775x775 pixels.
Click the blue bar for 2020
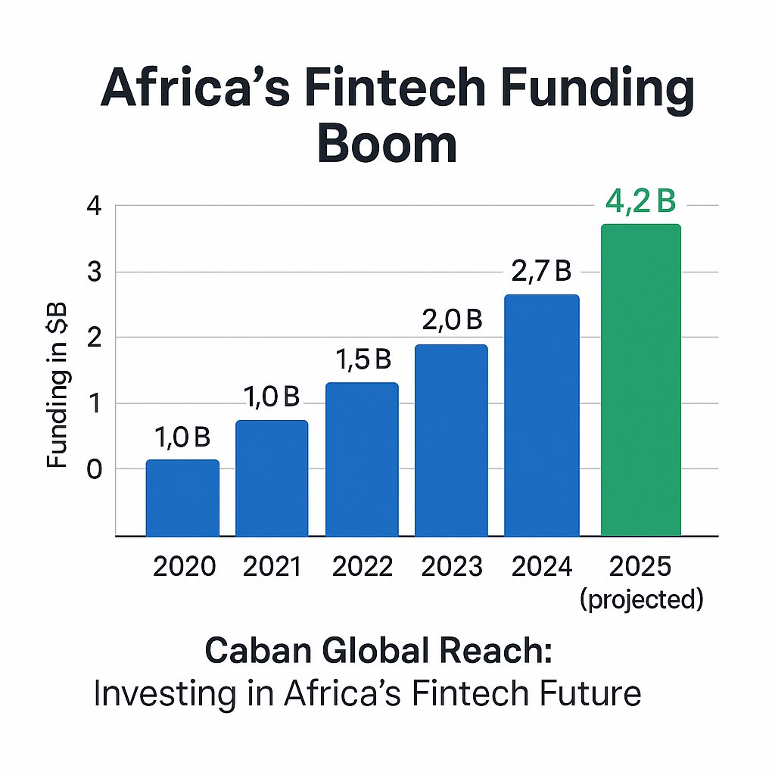point(182,497)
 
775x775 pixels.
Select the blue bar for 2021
point(272,478)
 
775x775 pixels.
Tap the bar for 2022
point(362,459)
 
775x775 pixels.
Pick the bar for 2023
point(451,440)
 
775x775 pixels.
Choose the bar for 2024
point(541,415)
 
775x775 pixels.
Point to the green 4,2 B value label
point(640,204)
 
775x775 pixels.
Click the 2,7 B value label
point(541,271)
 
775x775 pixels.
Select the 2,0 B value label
point(451,321)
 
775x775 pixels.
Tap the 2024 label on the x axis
point(541,567)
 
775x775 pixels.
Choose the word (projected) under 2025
point(642,599)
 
